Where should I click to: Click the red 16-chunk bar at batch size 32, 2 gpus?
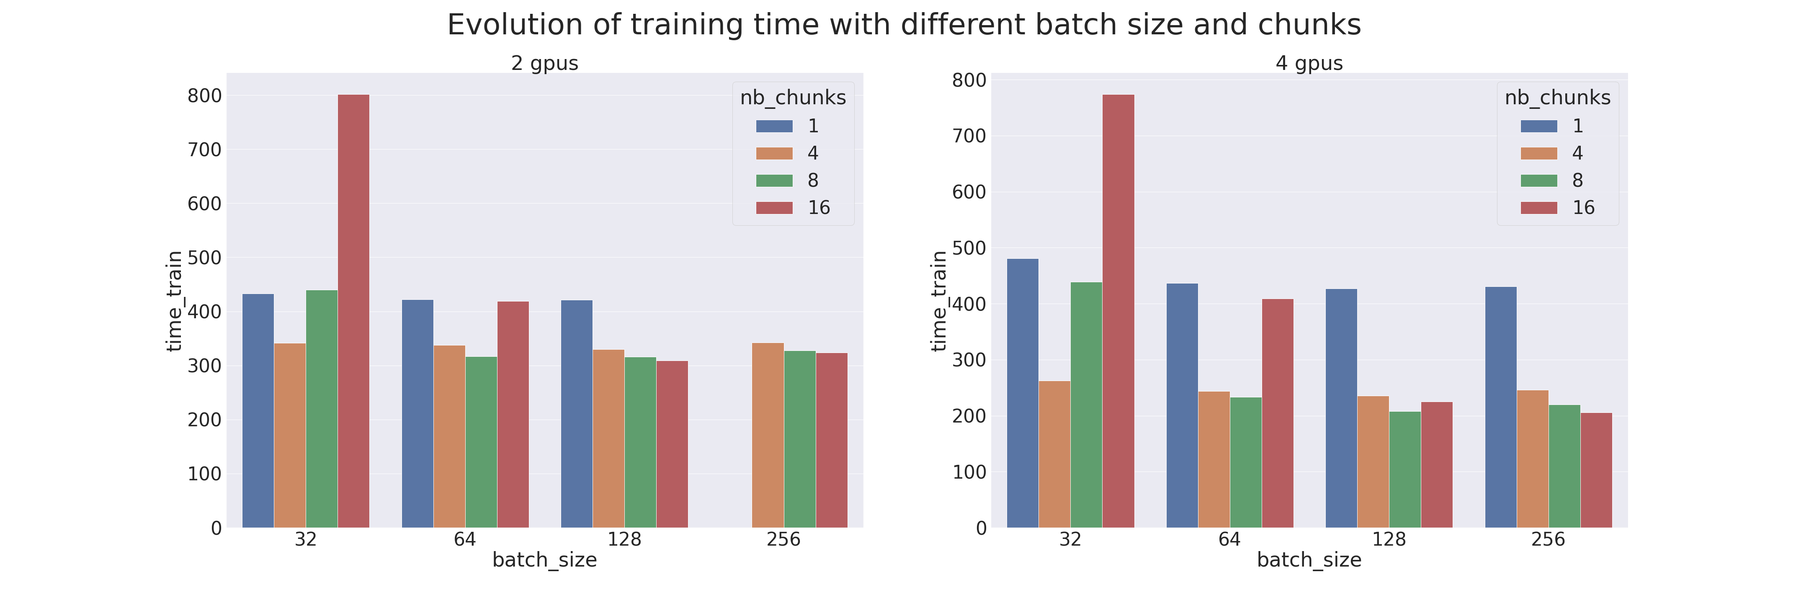[353, 311]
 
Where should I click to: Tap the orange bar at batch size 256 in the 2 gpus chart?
[768, 435]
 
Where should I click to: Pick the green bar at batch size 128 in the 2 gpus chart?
[640, 442]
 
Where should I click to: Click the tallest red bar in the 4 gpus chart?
[1118, 311]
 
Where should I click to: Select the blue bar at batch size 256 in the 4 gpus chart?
[1501, 407]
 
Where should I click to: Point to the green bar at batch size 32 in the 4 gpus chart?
[1086, 405]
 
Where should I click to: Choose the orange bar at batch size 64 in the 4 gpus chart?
[1214, 460]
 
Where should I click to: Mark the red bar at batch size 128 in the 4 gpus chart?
[1437, 465]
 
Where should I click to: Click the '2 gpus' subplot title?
[544, 63]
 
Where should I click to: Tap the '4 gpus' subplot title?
[1309, 63]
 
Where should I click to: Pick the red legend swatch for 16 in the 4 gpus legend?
[1538, 208]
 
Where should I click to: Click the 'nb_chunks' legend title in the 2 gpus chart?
[793, 98]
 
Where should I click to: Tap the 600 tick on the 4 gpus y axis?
[969, 192]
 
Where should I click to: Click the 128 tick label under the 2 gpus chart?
[624, 539]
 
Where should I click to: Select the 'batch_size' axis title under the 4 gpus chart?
[1309, 560]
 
